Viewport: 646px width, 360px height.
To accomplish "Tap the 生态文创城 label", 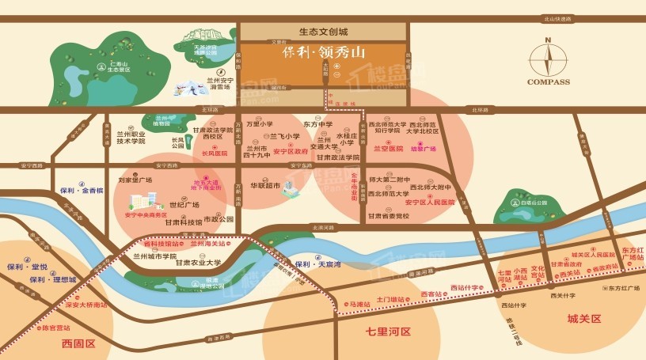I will (x=324, y=32).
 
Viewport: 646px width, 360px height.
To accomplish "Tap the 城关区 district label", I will (x=584, y=318).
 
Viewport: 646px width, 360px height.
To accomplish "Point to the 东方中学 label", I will (x=317, y=124).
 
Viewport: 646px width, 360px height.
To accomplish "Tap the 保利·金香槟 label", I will (x=82, y=191).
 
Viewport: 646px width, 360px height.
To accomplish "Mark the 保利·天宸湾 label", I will (x=317, y=264).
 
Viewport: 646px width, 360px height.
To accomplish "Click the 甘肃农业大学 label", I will (x=199, y=263).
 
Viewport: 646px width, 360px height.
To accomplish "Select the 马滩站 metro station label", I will (x=361, y=301).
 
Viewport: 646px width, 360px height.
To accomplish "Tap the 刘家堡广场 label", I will (x=135, y=180).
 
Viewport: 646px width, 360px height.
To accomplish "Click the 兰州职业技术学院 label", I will (x=127, y=138).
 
